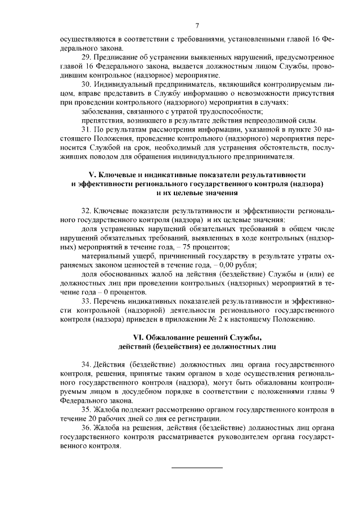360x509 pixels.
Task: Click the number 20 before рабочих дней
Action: click(98, 418)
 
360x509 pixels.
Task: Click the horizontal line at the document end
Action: click(197, 467)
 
